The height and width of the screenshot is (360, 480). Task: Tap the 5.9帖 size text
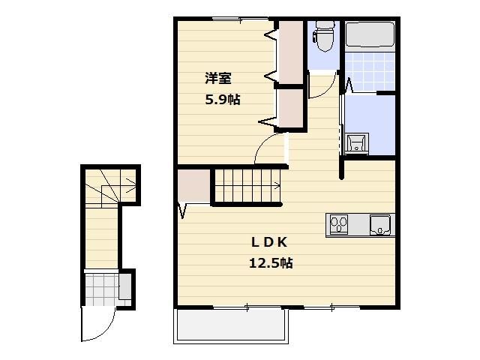tap(223, 99)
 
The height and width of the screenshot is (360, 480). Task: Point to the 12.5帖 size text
tap(270, 263)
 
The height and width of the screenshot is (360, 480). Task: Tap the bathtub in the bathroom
tap(370, 36)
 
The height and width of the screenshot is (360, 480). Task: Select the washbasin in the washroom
tap(355, 142)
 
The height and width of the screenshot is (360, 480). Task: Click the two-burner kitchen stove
tap(339, 224)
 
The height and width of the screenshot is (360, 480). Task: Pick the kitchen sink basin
tap(382, 223)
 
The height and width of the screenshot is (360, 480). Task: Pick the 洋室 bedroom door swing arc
tap(268, 150)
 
